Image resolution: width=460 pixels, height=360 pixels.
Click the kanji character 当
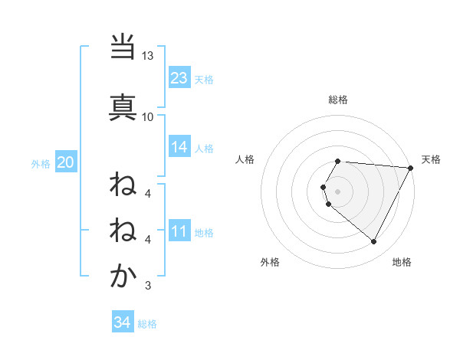click(123, 47)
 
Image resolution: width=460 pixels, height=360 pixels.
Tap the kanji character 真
click(123, 106)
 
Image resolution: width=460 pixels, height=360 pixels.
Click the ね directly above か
click(123, 229)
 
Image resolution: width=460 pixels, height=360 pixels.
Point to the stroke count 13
click(148, 56)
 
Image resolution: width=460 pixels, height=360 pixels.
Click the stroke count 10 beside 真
click(148, 116)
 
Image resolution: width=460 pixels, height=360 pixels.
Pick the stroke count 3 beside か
click(148, 286)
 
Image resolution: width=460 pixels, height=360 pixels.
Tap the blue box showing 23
click(179, 78)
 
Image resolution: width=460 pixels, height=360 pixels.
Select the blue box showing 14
click(179, 147)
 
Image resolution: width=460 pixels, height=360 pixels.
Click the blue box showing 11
click(179, 231)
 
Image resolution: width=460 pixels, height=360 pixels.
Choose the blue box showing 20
click(66, 162)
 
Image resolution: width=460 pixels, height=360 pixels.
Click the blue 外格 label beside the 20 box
click(41, 163)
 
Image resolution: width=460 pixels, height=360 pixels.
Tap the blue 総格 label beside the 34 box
click(147, 324)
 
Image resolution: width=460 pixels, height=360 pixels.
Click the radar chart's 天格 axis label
click(431, 159)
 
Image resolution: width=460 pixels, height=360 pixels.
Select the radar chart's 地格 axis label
click(402, 262)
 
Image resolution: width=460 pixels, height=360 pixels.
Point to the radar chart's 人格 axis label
click(245, 159)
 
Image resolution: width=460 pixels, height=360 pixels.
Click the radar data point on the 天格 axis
click(411, 168)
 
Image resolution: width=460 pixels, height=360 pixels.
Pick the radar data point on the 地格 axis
click(373, 241)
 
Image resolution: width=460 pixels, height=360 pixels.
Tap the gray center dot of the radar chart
click(338, 191)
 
